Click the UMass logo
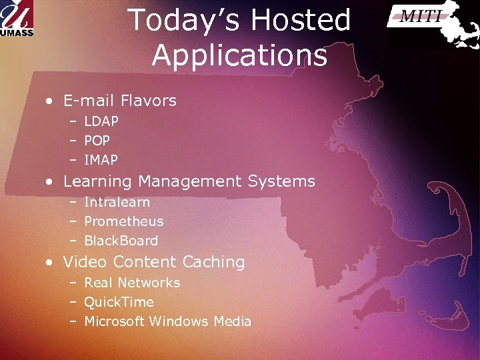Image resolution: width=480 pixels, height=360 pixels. pyautogui.click(x=17, y=18)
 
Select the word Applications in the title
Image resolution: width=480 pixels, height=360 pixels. pyautogui.click(x=239, y=56)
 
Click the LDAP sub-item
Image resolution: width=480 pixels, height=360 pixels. pyautogui.click(x=101, y=121)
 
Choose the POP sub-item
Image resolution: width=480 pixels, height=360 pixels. pyautogui.click(x=97, y=141)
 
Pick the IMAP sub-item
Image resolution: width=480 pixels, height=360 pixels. pyautogui.click(x=101, y=160)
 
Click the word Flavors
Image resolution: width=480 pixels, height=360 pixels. pyautogui.click(x=149, y=101)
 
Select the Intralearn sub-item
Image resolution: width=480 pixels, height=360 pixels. pyautogui.click(x=117, y=202)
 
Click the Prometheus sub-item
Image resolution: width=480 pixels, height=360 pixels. pyautogui.click(x=123, y=221)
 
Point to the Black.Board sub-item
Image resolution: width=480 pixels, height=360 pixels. pyautogui.click(x=121, y=241)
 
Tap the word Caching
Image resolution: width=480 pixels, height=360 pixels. pyautogui.click(x=214, y=262)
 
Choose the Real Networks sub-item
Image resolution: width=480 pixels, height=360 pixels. pyautogui.click(x=132, y=283)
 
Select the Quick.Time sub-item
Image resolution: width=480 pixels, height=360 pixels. pyautogui.click(x=119, y=302)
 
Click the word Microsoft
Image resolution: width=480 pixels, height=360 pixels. pyautogui.click(x=114, y=321)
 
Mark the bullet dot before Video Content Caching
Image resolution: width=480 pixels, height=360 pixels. pyautogui.click(x=50, y=263)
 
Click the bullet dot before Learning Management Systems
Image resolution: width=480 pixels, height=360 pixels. pyautogui.click(x=50, y=182)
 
